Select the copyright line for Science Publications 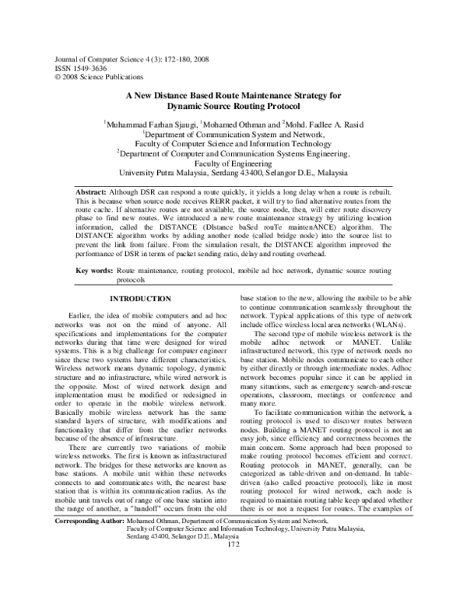88,76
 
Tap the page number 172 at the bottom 233,587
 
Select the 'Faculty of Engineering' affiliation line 233,163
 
